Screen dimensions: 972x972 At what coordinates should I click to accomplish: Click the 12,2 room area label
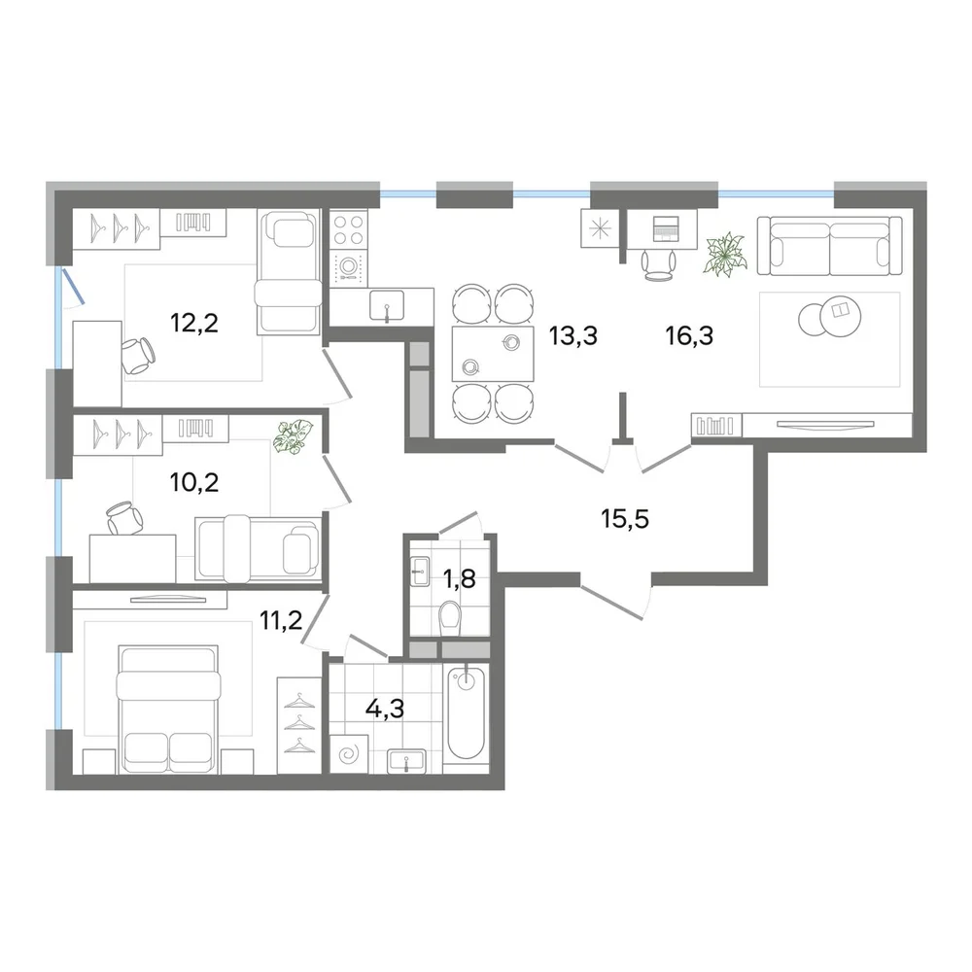[194, 323]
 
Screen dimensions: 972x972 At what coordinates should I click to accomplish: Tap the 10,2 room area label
[194, 482]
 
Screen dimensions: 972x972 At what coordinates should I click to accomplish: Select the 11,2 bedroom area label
[281, 619]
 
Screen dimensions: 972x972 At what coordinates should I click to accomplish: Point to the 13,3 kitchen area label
[573, 335]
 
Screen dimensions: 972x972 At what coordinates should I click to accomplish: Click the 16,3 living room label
[689, 335]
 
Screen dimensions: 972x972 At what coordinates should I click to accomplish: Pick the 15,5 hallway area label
[625, 518]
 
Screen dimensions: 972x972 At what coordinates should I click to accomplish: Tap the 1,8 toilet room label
[460, 579]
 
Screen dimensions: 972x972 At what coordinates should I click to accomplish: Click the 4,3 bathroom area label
[384, 708]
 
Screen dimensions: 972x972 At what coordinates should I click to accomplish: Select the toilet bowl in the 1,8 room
[449, 618]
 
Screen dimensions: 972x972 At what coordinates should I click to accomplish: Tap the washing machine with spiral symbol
[349, 754]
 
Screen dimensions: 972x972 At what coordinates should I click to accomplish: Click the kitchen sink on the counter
[387, 305]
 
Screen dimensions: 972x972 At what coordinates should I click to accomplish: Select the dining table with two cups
[493, 354]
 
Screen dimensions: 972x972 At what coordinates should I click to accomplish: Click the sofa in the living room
[829, 246]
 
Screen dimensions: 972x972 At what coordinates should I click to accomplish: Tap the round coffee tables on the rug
[829, 316]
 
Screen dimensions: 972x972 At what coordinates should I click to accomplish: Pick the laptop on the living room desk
[665, 228]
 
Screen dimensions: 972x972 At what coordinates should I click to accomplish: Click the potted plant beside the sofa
[725, 254]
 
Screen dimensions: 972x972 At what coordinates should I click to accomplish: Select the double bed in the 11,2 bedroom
[168, 709]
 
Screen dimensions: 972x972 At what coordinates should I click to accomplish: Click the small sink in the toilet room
[420, 572]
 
